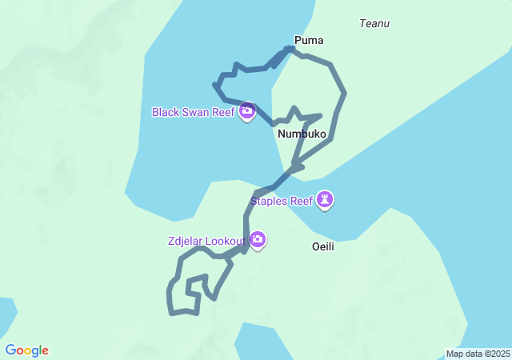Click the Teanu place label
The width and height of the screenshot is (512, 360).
(x=374, y=23)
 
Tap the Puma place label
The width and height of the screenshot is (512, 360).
(x=309, y=40)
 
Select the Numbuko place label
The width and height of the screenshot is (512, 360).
(x=302, y=134)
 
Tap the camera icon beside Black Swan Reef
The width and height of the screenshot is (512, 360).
(x=247, y=110)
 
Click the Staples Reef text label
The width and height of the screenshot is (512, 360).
(x=282, y=201)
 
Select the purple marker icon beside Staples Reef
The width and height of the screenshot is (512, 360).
(x=325, y=199)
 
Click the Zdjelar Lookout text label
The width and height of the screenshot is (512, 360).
(x=206, y=239)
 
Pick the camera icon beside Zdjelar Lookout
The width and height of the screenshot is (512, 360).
(x=258, y=239)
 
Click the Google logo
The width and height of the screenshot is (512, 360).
(x=26, y=350)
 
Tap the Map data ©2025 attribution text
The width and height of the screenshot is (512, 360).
(x=477, y=354)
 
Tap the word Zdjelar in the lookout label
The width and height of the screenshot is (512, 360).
(x=185, y=239)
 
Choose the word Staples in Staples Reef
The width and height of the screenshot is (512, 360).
(x=269, y=201)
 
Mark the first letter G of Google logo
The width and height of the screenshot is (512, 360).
(x=10, y=350)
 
